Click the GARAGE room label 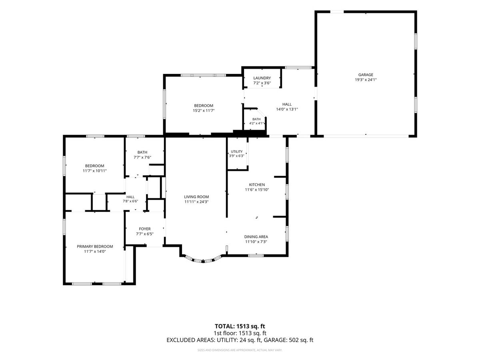click(x=366, y=75)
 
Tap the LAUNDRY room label click(x=262, y=78)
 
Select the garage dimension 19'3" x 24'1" click(x=366, y=80)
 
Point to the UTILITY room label click(x=237, y=152)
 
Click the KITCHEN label click(x=257, y=185)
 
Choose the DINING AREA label click(x=256, y=237)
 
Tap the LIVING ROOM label click(x=196, y=197)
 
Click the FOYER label click(x=144, y=229)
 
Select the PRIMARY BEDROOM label click(x=95, y=246)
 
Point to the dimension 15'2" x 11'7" click(x=203, y=111)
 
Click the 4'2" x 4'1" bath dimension click(x=256, y=123)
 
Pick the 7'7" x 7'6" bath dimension click(x=142, y=157)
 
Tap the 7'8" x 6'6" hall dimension click(x=130, y=201)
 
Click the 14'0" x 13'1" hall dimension click(x=287, y=109)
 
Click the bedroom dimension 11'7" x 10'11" click(x=95, y=171)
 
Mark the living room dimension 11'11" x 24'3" click(x=196, y=202)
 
